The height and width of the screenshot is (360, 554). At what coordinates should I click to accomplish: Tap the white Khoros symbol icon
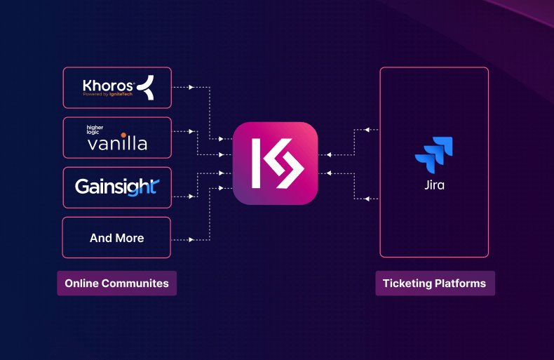point(145,88)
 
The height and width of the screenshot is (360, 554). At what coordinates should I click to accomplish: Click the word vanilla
point(117,143)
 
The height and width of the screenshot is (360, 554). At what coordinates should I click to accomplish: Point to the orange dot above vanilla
point(123,135)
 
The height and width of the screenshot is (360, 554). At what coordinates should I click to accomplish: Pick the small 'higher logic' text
point(95,130)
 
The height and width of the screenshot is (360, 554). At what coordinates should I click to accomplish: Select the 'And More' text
point(117,238)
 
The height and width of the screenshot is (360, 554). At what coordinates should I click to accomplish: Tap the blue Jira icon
point(434,156)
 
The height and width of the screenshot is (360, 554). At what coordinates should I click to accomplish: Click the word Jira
point(434,186)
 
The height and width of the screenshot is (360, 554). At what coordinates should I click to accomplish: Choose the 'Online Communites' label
point(116,284)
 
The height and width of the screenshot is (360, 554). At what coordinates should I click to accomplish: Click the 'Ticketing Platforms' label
point(434,284)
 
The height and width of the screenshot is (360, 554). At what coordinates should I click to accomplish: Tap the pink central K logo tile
point(275,164)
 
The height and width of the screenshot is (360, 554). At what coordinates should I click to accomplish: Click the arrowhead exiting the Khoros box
point(191,88)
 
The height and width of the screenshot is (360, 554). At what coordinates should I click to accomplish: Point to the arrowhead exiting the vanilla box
point(191,131)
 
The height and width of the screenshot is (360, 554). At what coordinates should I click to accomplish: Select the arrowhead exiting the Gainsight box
point(191,196)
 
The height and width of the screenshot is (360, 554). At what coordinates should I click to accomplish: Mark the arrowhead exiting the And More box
point(191,240)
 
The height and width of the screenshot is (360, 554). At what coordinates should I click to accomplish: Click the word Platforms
point(460,284)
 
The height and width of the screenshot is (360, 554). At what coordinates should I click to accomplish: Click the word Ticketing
point(406,284)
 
